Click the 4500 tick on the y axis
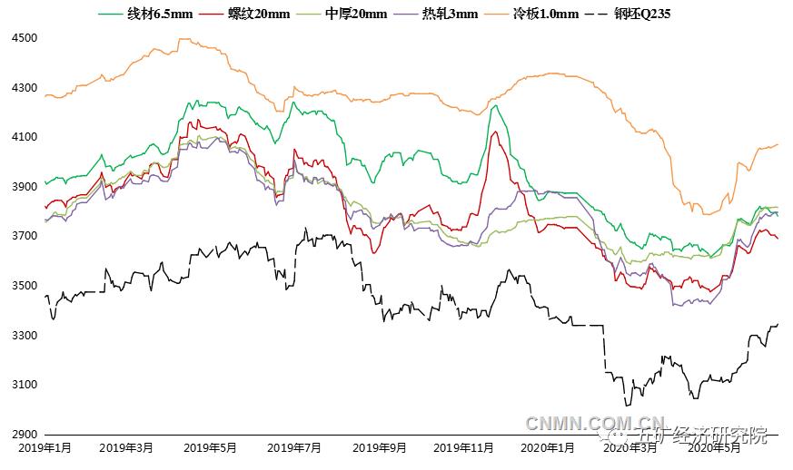(25, 38)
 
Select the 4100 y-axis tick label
(25, 137)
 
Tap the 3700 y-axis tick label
(25, 236)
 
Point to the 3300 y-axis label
(25, 336)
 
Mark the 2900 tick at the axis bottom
(25, 435)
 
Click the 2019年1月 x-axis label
(45, 447)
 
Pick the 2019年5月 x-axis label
(210, 447)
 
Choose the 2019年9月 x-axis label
(379, 447)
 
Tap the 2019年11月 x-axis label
(463, 447)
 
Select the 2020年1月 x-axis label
(547, 447)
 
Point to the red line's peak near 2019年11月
(494, 132)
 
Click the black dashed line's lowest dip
(625, 405)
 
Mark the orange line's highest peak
(184, 39)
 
